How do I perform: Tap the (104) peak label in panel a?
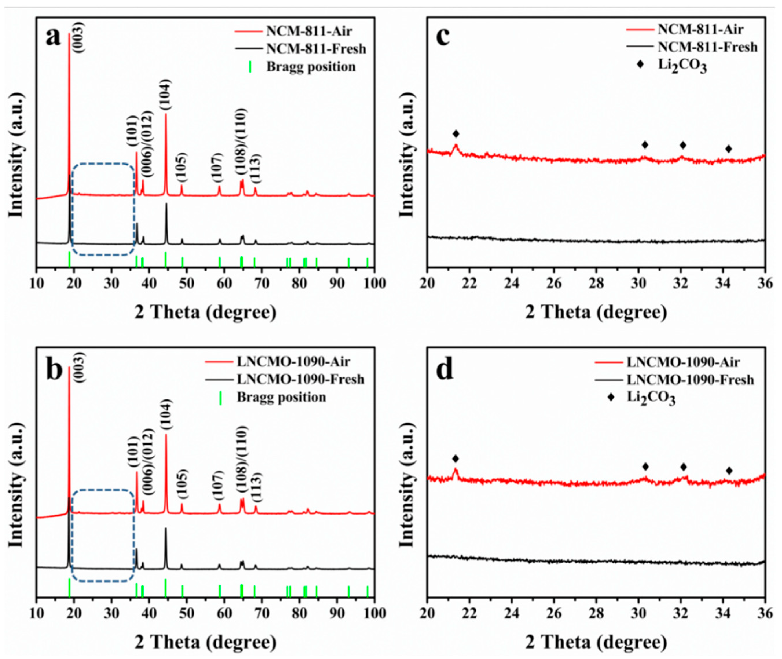(166, 95)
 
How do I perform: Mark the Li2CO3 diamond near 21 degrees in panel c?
(456, 134)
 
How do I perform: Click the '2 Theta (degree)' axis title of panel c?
(596, 312)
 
